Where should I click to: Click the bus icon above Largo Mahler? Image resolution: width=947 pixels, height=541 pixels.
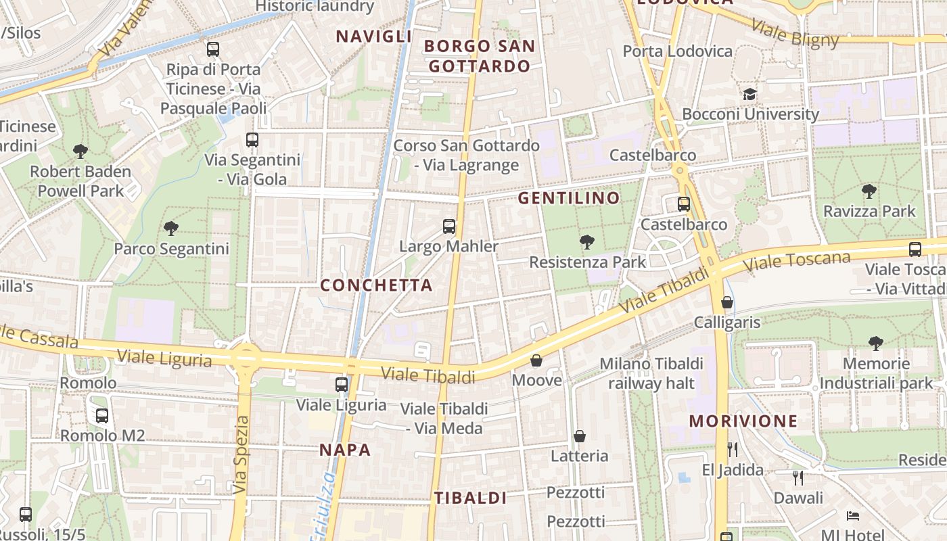[448, 227]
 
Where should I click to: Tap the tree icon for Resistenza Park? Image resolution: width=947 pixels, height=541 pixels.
[586, 242]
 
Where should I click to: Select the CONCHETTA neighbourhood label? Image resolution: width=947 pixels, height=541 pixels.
[376, 285]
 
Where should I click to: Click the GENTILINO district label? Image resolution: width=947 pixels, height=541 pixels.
[569, 198]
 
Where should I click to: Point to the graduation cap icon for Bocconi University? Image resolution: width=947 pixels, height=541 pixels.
[749, 94]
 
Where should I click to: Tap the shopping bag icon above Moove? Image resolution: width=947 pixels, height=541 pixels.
[536, 360]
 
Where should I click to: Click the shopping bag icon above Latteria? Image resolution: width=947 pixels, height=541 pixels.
[579, 436]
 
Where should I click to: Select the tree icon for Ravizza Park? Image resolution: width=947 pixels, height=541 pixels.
[869, 191]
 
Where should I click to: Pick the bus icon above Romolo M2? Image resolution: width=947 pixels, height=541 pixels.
[101, 416]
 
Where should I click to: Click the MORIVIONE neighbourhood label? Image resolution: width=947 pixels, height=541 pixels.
[743, 421]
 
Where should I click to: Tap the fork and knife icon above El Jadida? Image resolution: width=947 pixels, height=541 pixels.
[732, 450]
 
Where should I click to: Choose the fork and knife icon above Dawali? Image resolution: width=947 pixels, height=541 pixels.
[798, 478]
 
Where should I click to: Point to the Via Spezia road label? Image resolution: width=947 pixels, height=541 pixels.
[241, 454]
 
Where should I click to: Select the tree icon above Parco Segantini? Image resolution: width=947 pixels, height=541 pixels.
[171, 229]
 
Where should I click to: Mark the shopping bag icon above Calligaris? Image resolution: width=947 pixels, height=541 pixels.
[727, 302]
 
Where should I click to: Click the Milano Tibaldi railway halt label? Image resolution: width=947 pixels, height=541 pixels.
[651, 373]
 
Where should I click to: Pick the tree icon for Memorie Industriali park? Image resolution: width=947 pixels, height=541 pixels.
[876, 344]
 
